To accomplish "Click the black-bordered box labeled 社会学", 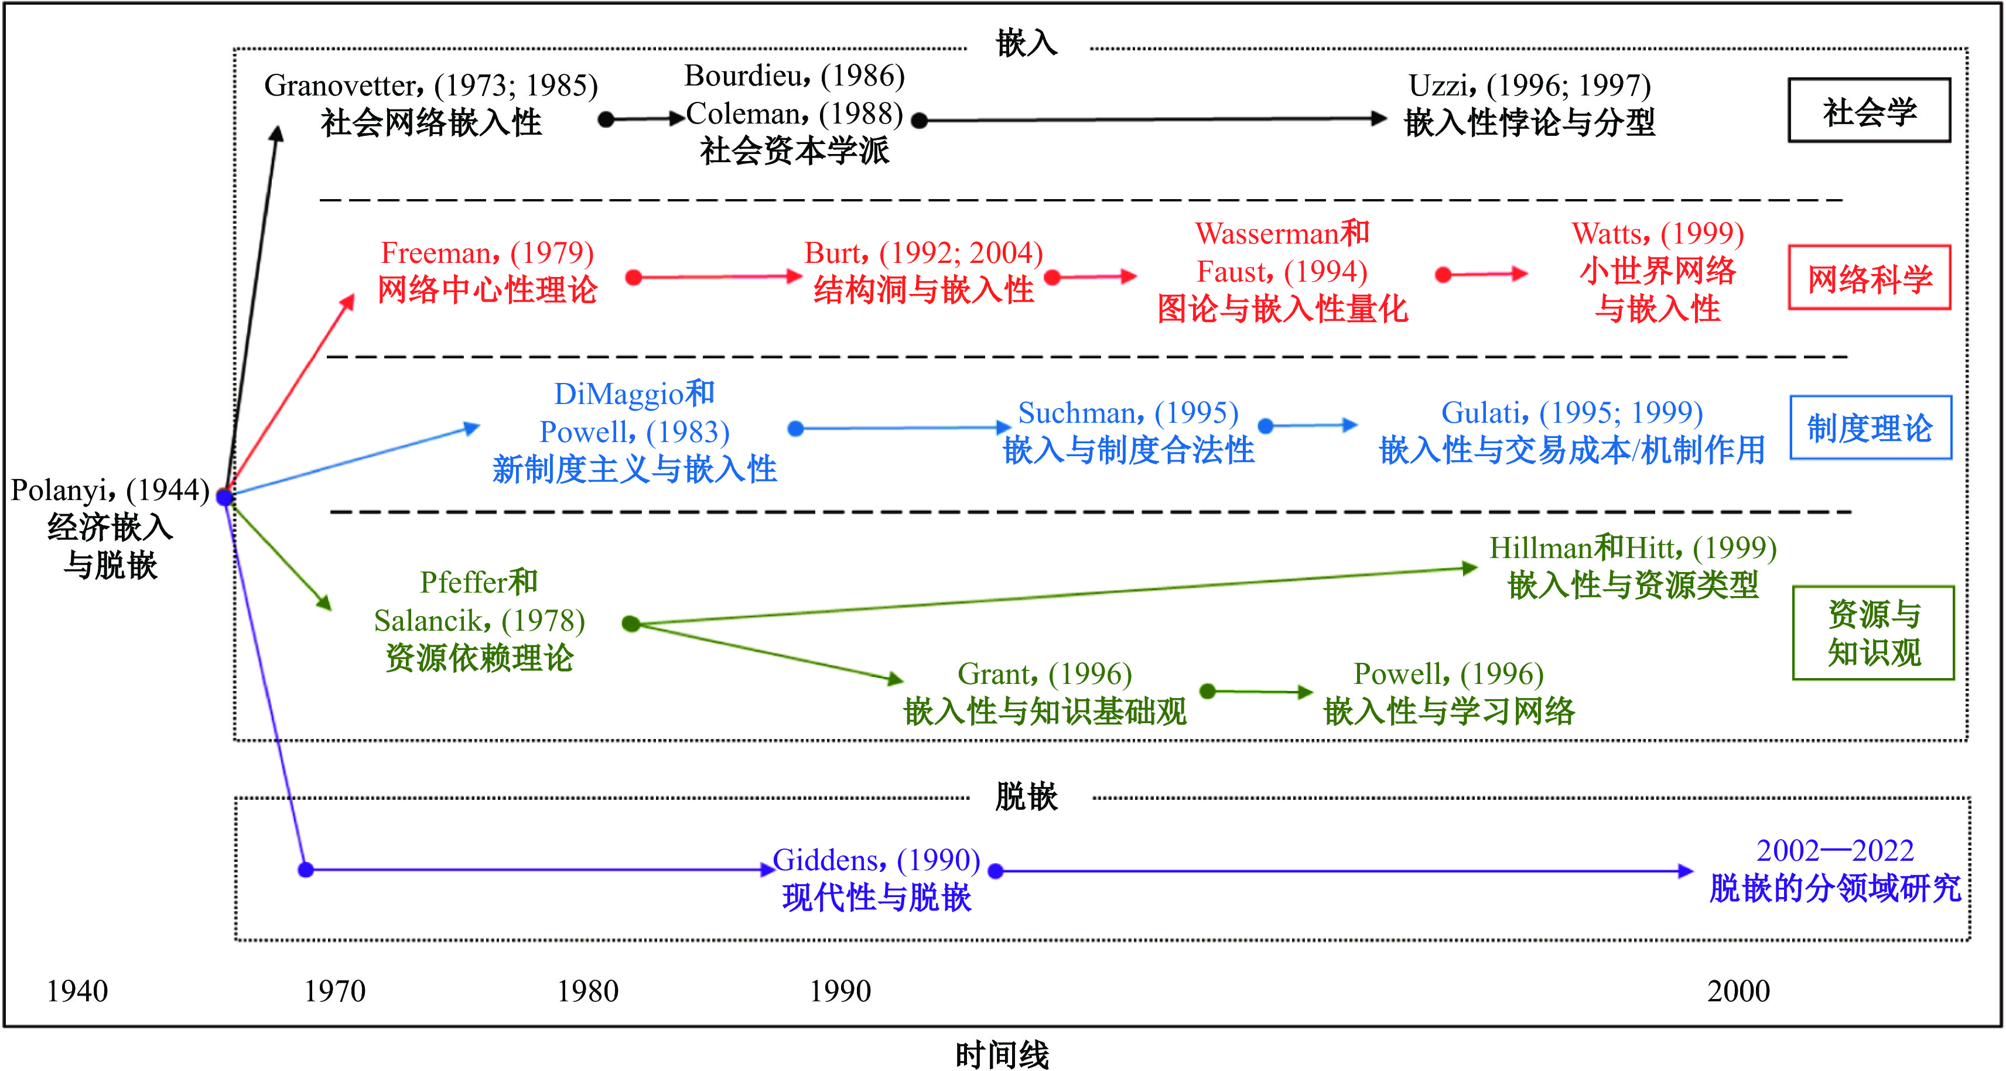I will click(x=1868, y=111).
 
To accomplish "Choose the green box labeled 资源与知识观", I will click(x=1873, y=633).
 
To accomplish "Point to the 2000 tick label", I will click(x=1738, y=991).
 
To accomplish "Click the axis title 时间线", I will click(x=1002, y=1055).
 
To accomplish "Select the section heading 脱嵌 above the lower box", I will click(x=1026, y=797).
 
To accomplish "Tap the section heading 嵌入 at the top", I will click(x=1026, y=43).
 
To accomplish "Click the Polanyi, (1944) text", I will click(x=110, y=490).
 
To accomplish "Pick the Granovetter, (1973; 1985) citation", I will click(x=430, y=85).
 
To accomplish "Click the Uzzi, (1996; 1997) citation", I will click(x=1529, y=85).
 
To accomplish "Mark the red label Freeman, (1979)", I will click(x=487, y=253).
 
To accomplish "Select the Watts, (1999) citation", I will click(x=1657, y=234).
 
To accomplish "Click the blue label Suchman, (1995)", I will click(x=1127, y=412).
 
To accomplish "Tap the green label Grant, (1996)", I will click(x=1044, y=674).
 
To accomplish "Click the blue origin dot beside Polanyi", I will click(x=225, y=497).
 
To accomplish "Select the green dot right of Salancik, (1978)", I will click(x=631, y=624).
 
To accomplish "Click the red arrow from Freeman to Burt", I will click(x=716, y=277).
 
